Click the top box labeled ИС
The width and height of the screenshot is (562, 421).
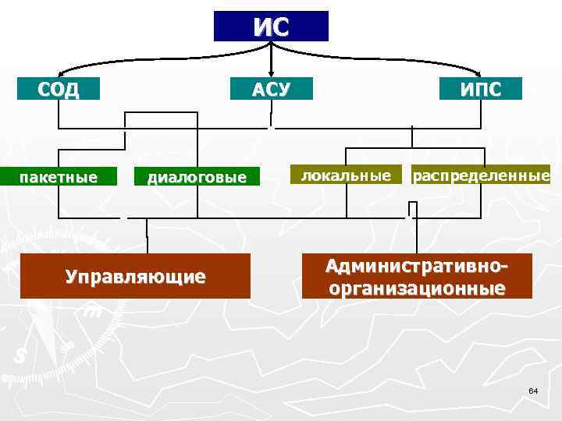point(271,26)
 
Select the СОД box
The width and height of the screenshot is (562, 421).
point(59,88)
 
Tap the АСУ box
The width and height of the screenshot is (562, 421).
point(270,89)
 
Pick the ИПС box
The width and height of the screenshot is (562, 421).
point(480,89)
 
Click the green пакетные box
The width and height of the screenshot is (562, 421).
point(59,177)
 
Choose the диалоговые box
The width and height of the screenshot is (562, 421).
point(197,178)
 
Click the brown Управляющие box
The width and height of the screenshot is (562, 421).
point(136,275)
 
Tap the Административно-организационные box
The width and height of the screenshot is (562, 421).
point(418,276)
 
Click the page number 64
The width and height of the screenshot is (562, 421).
point(533,390)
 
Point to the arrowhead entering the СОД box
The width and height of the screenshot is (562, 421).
point(59,73)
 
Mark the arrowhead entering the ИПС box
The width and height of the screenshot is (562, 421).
point(481,73)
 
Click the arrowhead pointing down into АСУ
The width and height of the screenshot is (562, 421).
point(270,72)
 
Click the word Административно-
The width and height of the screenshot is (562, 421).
point(418,267)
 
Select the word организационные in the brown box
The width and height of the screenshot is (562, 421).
point(418,288)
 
